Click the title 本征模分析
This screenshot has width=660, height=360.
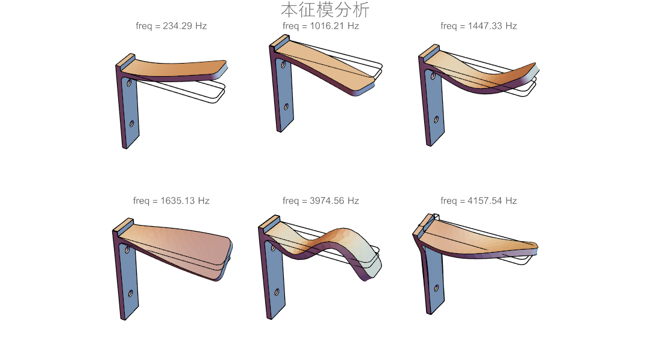coord(325,10)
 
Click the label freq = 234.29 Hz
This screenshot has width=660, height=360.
coord(172,26)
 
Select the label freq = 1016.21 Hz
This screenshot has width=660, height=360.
coord(321,26)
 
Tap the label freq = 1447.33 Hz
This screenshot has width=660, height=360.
coord(479,26)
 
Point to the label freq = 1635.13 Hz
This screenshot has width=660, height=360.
coord(172,201)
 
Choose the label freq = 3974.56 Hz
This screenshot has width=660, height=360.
coord(321,201)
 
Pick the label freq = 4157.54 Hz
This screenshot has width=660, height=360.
coord(479,201)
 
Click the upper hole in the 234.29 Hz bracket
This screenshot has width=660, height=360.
coord(129,83)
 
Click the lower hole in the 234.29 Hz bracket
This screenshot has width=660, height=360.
coord(131,124)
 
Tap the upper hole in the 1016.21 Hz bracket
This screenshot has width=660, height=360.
coord(283,65)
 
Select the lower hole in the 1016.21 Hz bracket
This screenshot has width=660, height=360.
coord(286,107)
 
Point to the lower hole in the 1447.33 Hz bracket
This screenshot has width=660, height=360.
coord(436,120)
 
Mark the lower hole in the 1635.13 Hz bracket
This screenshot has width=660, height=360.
coord(130,293)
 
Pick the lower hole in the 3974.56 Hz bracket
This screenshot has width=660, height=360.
coord(277,292)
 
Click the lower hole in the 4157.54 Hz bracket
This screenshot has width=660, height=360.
coord(436,289)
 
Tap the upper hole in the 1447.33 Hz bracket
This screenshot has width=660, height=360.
coord(432,76)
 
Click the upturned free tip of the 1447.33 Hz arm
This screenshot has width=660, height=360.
coord(535,67)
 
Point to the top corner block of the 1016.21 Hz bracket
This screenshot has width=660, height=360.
coord(280,41)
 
